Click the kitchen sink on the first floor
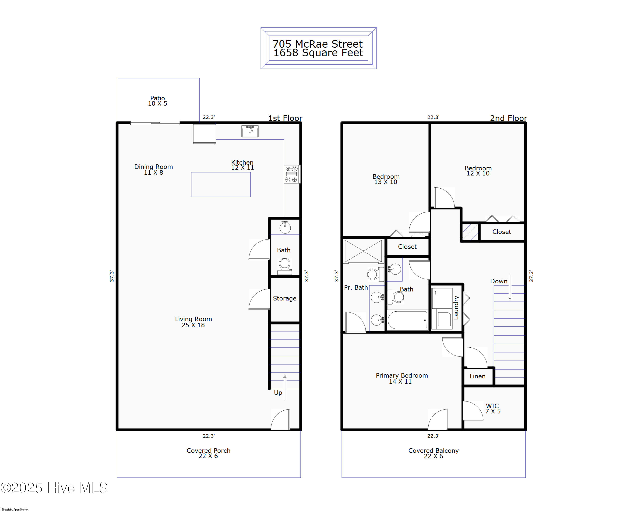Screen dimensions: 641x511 point(250,131)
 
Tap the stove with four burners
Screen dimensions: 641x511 point(292,174)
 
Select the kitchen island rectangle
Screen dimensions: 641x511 point(221,184)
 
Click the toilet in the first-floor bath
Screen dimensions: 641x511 point(285,266)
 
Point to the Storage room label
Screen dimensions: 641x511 point(285,298)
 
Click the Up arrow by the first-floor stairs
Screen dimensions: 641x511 point(285,387)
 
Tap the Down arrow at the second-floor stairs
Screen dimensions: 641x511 point(510,287)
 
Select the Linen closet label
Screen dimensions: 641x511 point(478,376)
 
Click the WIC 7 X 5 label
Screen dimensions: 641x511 point(493,409)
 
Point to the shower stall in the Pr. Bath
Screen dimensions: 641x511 point(363,251)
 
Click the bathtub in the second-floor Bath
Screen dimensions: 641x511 point(408,320)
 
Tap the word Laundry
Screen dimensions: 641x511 point(456,307)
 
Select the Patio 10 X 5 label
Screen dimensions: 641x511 point(157,101)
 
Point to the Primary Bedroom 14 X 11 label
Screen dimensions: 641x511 point(402,378)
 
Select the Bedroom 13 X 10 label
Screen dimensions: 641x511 point(386,179)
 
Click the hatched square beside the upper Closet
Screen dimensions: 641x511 point(470,232)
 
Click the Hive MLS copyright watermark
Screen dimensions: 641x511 point(54,488)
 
